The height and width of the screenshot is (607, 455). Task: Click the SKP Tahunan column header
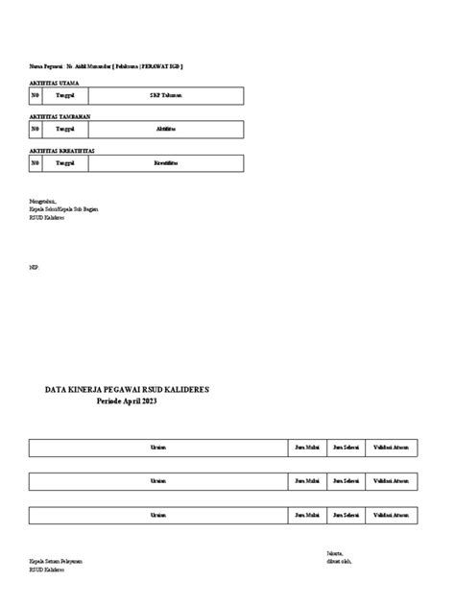166,96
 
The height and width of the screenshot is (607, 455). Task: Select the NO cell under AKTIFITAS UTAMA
36,96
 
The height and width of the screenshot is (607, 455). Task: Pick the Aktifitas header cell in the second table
166,130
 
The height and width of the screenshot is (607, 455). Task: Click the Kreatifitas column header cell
166,164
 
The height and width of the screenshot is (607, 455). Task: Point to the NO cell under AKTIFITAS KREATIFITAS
36,164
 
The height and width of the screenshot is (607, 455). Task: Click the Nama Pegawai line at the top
106,66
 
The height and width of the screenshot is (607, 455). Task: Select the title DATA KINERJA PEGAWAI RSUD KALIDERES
127,390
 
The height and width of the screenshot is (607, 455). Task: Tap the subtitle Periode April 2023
127,401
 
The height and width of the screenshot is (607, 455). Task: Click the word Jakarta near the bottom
335,554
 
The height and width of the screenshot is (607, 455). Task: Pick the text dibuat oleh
339,562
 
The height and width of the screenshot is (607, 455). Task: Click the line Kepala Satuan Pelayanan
55,562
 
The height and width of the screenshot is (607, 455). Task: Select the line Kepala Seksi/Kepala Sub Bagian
63,208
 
